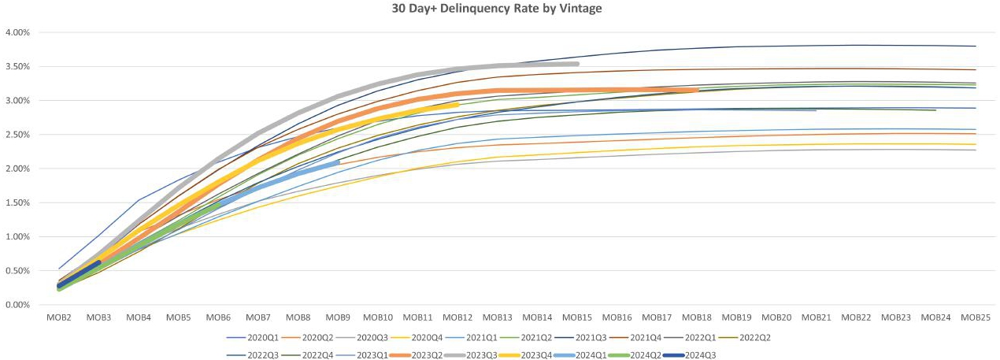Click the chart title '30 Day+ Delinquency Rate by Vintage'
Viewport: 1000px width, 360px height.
click(x=501, y=9)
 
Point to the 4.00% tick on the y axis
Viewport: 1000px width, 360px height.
click(x=17, y=33)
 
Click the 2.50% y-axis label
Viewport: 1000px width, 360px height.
click(x=17, y=135)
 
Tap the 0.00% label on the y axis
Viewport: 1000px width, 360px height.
click(x=17, y=305)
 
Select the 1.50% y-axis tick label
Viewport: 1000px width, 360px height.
click(x=17, y=203)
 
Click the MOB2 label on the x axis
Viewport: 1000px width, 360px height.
click(x=59, y=317)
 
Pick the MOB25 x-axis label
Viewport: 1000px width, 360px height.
click(x=976, y=317)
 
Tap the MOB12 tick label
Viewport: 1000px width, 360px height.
click(x=457, y=317)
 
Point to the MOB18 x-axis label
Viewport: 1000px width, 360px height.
click(x=697, y=317)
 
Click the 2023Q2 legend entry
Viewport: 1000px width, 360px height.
click(x=428, y=354)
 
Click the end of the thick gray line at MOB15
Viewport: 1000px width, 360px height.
click(x=577, y=64)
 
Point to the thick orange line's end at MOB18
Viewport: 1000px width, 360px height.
click(x=697, y=91)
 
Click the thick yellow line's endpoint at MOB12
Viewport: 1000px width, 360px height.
click(x=457, y=104)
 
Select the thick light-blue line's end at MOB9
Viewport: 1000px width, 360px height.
click(x=338, y=162)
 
